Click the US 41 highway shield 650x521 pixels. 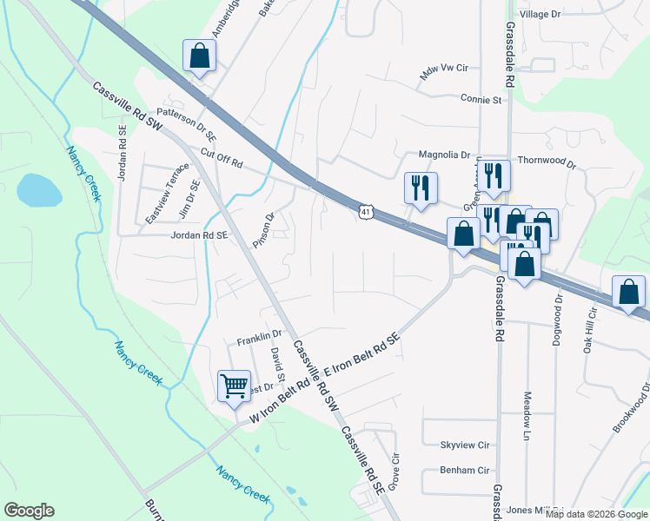[365, 211]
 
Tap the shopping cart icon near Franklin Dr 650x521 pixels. [234, 386]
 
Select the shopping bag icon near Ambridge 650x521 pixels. [200, 56]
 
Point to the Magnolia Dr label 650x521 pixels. [443, 155]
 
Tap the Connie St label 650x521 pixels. [482, 100]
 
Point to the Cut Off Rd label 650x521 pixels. [221, 159]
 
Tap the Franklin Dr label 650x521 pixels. [259, 334]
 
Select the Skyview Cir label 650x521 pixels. [465, 445]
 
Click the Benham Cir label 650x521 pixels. [465, 476]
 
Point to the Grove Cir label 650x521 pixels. [393, 472]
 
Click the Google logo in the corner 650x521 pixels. [29, 511]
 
